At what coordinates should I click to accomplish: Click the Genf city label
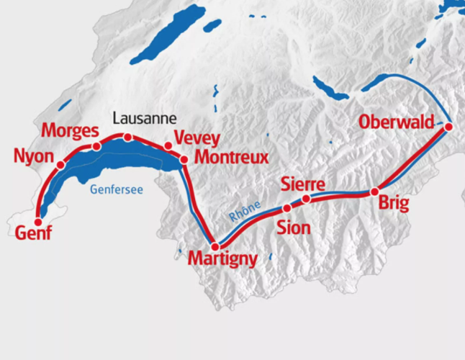33,233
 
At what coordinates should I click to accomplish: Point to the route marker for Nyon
60,165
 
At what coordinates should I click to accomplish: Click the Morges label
69,131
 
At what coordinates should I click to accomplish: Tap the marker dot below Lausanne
127,137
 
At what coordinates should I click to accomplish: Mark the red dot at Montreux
184,159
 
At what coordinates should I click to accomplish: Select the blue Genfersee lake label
116,190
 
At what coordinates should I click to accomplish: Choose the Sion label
294,228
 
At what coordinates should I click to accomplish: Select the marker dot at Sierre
306,199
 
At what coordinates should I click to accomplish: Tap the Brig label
392,204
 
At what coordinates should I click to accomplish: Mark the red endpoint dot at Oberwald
448,127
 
